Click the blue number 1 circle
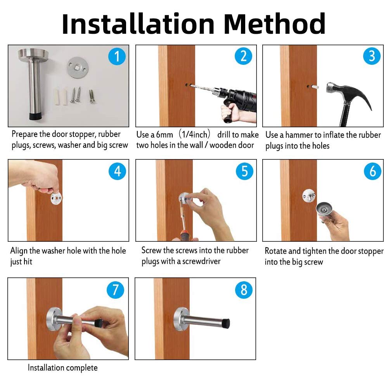(x=117, y=56)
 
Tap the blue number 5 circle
(x=244, y=171)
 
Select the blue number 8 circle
(x=244, y=290)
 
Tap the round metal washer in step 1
(x=78, y=68)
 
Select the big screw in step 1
(x=92, y=97)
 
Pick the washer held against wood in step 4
(x=56, y=198)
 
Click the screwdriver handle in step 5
(x=185, y=235)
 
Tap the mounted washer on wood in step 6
(x=308, y=196)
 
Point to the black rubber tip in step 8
(x=226, y=323)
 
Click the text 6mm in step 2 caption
(x=165, y=135)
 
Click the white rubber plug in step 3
(x=315, y=87)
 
